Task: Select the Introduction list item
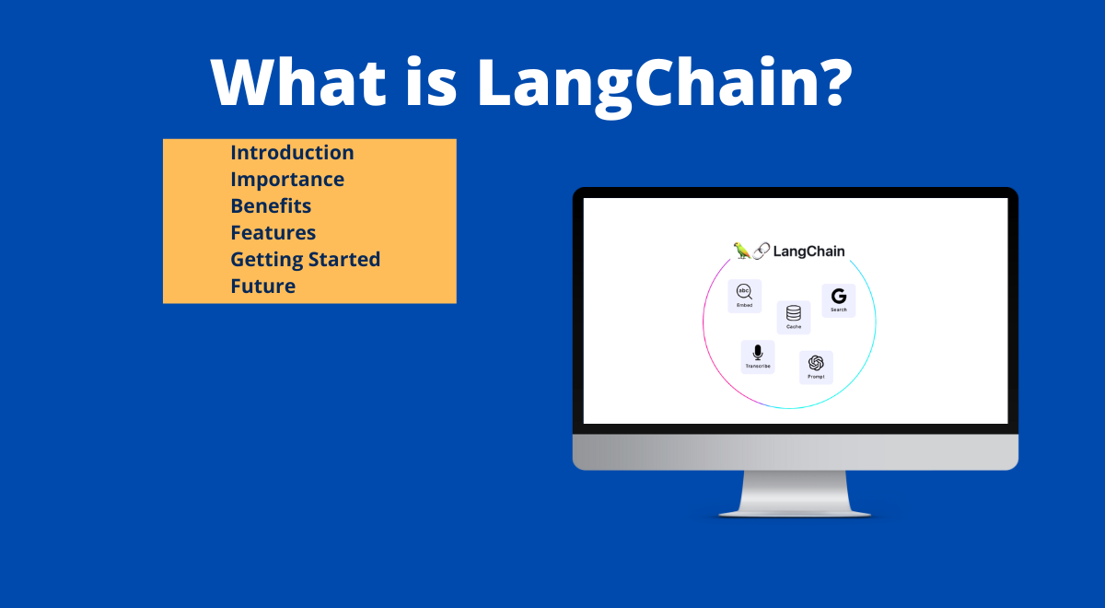click(292, 153)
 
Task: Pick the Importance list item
click(287, 180)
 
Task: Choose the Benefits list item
click(271, 206)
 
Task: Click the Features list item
click(273, 233)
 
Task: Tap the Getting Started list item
click(305, 260)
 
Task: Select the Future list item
click(262, 286)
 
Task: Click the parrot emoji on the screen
click(741, 251)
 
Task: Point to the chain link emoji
click(762, 251)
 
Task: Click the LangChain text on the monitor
click(808, 251)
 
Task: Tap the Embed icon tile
click(744, 296)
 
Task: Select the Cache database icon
click(794, 316)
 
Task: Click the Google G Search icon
click(838, 299)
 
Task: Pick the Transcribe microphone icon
click(758, 356)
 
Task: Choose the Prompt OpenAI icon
click(816, 366)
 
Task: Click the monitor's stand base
click(795, 509)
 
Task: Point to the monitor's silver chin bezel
click(795, 451)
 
